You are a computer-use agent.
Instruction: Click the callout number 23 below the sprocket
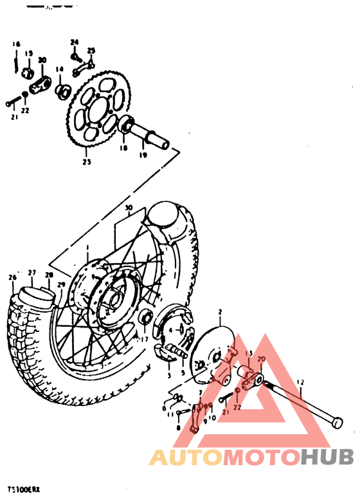(86, 161)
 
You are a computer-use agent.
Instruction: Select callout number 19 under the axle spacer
(143, 155)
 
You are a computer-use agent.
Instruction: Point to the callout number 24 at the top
(74, 42)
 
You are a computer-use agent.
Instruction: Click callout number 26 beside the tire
(11, 277)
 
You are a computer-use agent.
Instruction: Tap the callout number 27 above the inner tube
(32, 272)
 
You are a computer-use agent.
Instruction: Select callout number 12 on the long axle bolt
(300, 382)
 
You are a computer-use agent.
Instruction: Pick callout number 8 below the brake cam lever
(178, 427)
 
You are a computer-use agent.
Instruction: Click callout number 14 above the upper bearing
(59, 69)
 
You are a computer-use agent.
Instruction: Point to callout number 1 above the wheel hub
(88, 248)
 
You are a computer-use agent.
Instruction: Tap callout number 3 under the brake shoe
(168, 374)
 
